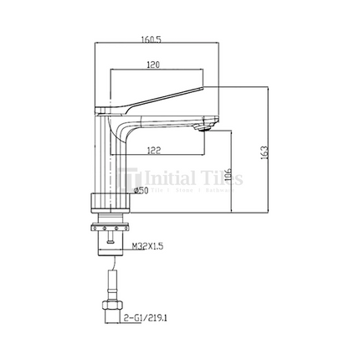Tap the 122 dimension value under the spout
[x=152, y=150]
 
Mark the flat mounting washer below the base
[x=110, y=222]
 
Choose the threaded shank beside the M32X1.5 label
[x=109, y=243]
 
